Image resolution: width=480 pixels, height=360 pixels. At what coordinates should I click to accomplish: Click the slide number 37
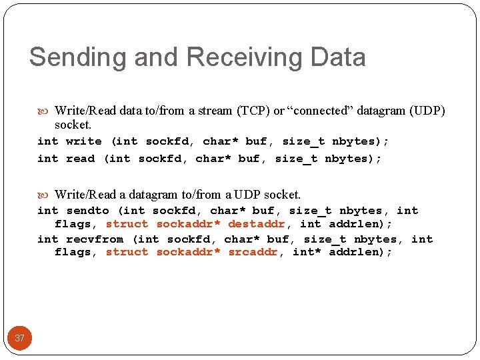[x=19, y=338]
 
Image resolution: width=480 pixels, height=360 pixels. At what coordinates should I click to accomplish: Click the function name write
[x=84, y=141]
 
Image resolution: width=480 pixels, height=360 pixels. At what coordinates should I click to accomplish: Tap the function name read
[x=81, y=159]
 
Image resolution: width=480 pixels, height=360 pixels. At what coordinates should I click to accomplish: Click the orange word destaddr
[x=257, y=224]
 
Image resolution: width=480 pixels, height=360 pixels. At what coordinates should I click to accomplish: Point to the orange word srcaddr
[x=253, y=252]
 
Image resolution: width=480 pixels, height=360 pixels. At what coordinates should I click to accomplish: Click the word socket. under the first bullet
[x=73, y=125]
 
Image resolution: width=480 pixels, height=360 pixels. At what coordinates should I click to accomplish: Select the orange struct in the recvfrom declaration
[x=127, y=252]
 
